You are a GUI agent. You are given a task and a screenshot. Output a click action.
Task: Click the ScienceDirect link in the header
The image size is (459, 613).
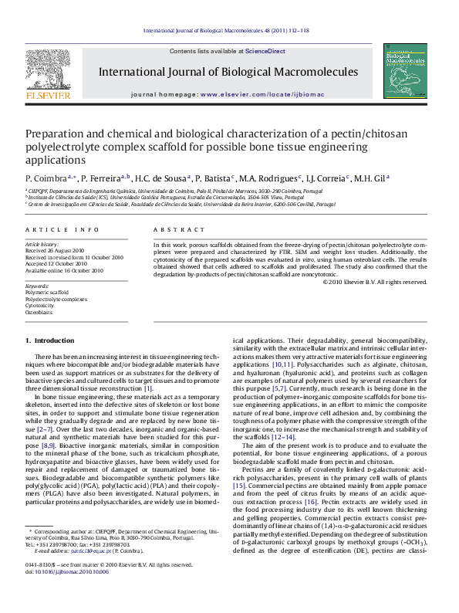point(265,51)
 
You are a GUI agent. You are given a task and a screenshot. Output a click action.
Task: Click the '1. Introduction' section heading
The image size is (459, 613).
point(50,340)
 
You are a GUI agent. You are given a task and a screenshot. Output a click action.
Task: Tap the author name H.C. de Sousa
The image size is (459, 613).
point(160,178)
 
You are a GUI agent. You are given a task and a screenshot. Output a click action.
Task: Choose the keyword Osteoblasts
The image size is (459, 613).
point(40,312)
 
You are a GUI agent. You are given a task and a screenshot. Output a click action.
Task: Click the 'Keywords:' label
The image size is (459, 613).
point(37,286)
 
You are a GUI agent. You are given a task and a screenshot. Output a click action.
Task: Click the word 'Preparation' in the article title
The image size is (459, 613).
point(54,133)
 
